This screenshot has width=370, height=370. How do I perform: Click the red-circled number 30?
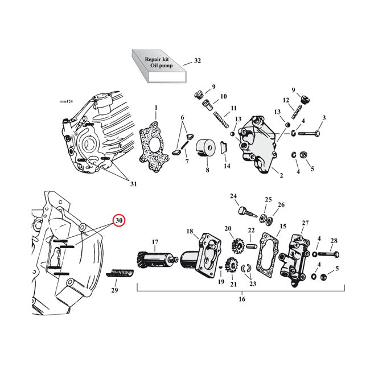(118, 220)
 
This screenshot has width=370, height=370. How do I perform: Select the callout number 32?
(198, 60)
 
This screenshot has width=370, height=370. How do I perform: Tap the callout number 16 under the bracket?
(241, 299)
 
